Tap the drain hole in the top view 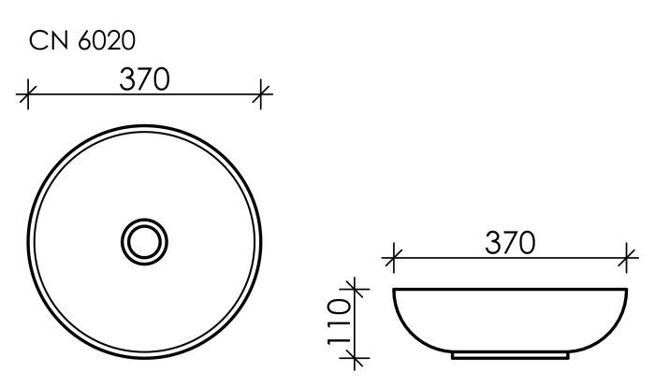(144, 242)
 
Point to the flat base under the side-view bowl (510, 357)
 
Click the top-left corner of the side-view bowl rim (394, 289)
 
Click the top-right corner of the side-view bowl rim (626, 289)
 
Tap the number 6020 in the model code (108, 40)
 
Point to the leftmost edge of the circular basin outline (28, 242)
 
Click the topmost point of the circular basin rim (144, 125)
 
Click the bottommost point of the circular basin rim (144, 359)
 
